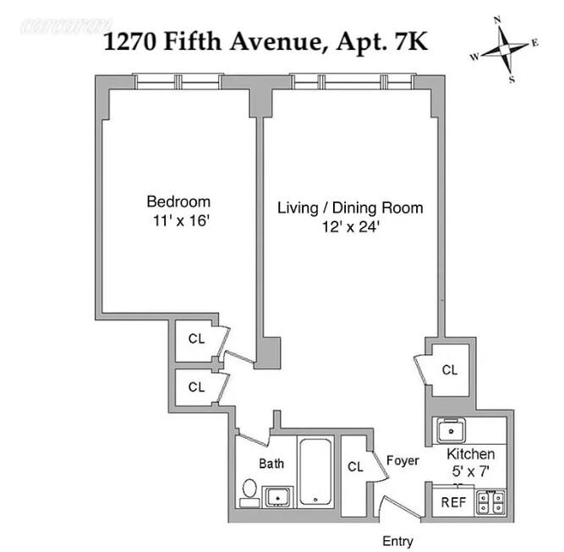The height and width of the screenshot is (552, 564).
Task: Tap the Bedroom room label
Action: tap(178, 202)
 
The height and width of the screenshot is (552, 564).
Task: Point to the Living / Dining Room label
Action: tap(351, 208)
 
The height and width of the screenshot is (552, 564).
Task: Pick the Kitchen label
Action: tap(471, 455)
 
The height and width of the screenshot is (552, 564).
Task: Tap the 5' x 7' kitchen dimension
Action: tap(471, 471)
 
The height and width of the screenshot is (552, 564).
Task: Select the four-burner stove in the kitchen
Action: tap(490, 502)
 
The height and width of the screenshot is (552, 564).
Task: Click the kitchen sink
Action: tap(452, 430)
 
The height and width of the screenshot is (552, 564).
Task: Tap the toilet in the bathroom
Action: tap(249, 491)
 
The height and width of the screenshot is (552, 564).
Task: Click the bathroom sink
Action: tap(277, 496)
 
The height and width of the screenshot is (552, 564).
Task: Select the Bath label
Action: tap(271, 463)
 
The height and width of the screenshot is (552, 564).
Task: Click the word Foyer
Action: tap(402, 461)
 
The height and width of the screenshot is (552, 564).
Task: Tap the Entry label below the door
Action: tap(397, 541)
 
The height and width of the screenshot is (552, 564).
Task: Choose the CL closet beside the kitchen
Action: tap(450, 369)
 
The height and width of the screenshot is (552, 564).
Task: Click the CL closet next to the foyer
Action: tap(355, 467)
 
